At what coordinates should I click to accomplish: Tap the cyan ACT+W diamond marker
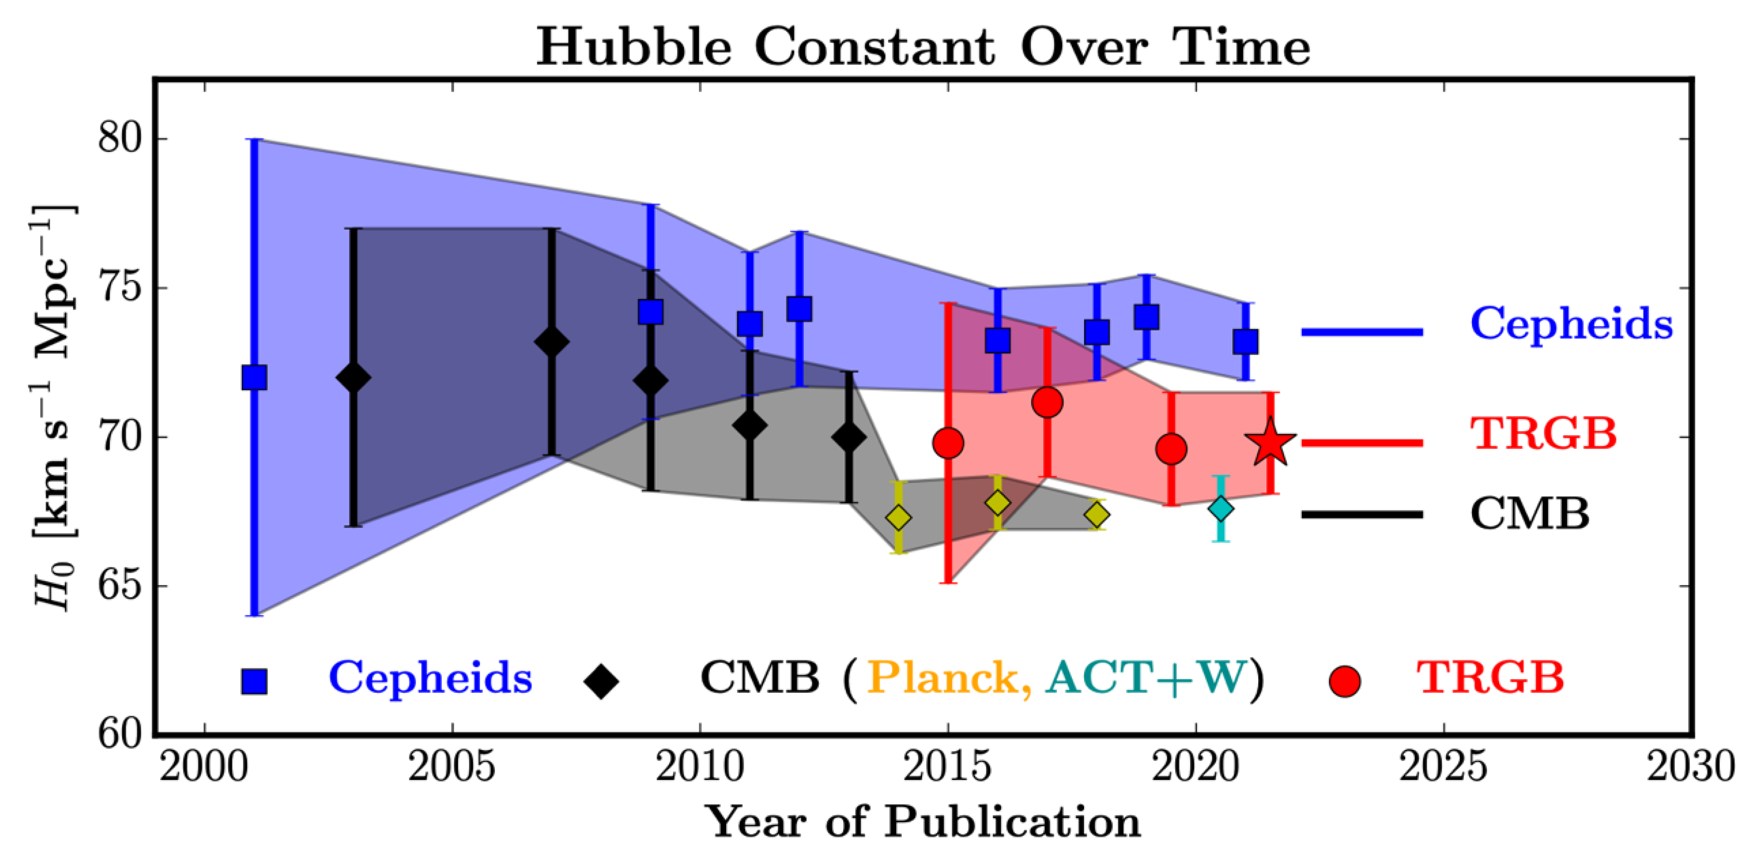point(1221,509)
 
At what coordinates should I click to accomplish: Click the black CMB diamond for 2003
point(353,378)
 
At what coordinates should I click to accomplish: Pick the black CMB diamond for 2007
point(552,342)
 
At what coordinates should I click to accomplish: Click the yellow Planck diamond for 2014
point(899,518)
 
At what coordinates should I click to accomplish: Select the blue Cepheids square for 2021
point(1246,341)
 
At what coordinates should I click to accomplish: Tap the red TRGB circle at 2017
point(1047,403)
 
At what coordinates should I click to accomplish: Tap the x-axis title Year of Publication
point(923,822)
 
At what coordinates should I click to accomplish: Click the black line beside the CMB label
point(1362,514)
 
